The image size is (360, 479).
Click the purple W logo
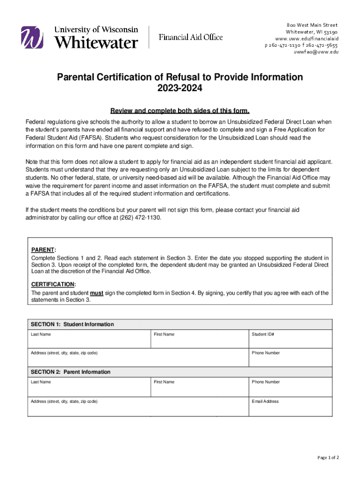[32, 37]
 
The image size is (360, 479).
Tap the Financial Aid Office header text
[191, 37]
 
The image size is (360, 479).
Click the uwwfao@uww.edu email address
[316, 52]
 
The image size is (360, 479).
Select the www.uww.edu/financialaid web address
[306, 38]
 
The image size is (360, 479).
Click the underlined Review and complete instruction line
[180, 111]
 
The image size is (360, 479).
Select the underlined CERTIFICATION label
[53, 284]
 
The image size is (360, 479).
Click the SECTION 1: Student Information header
[72, 325]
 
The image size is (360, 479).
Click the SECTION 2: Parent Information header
[71, 372]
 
